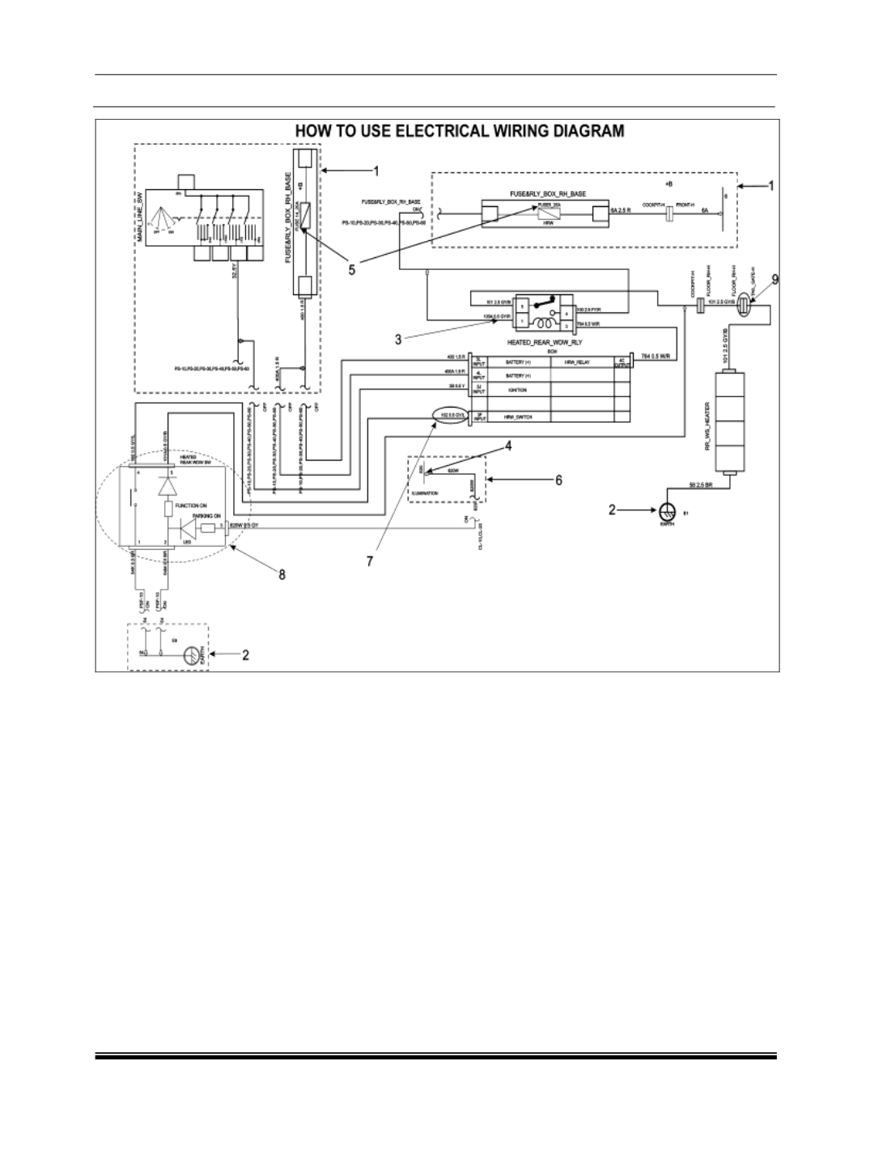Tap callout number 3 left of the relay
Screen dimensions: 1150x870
(398, 340)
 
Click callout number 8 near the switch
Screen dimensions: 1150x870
(281, 576)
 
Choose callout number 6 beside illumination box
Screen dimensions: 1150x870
(558, 480)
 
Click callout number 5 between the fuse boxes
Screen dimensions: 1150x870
(351, 269)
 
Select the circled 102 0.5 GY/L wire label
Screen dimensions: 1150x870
(449, 416)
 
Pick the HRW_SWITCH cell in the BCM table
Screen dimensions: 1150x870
(507, 416)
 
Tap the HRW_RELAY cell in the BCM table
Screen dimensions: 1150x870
(580, 363)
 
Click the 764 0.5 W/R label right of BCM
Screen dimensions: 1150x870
(656, 356)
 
